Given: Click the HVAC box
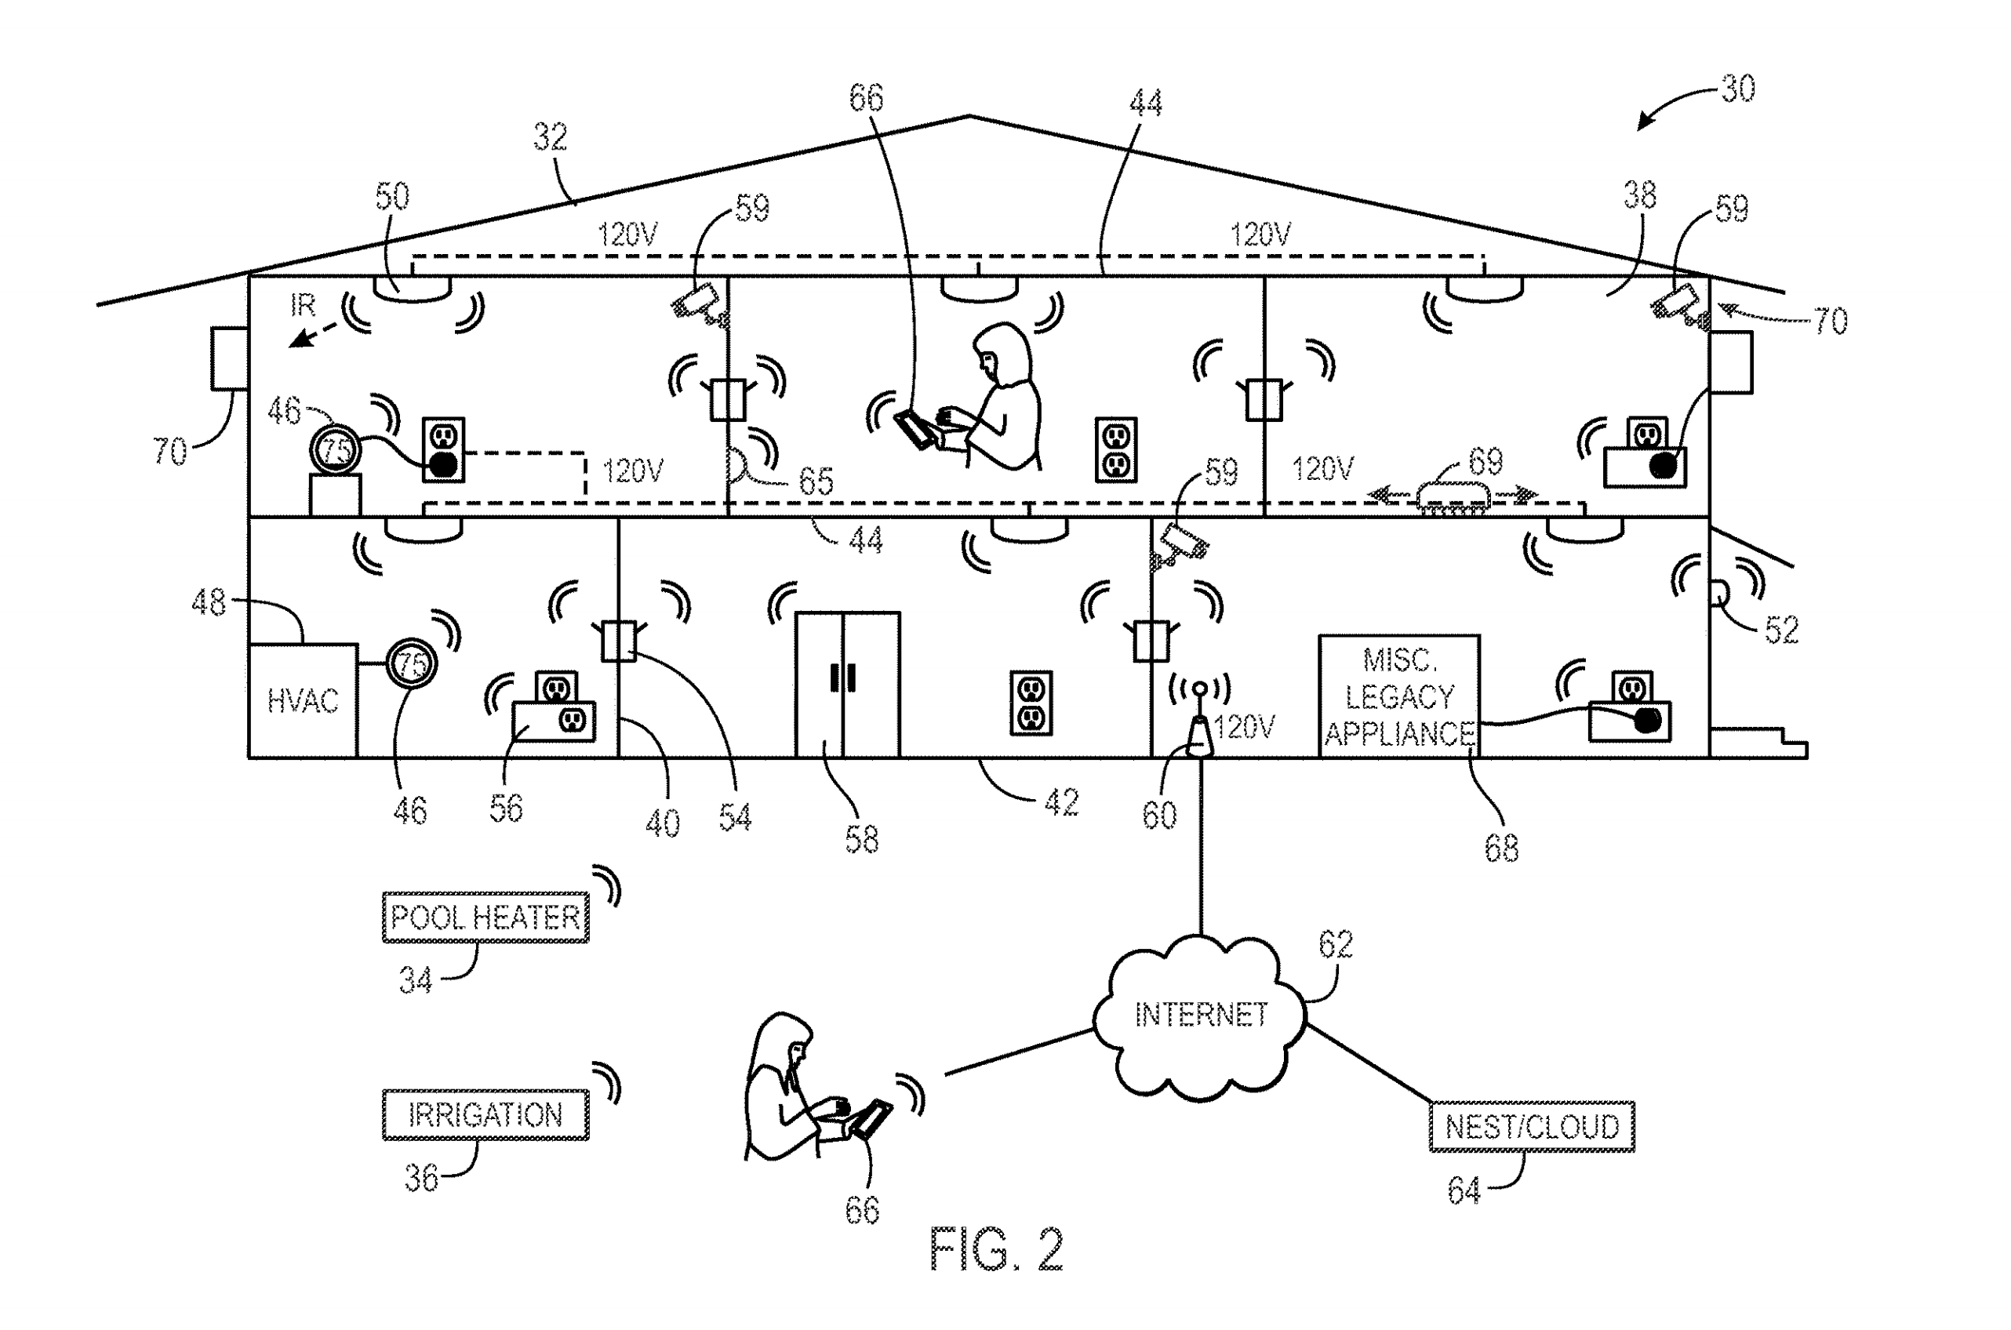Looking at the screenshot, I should click(x=302, y=700).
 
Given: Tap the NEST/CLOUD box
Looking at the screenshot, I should click(x=1531, y=1126).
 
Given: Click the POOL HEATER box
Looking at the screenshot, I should click(x=485, y=918).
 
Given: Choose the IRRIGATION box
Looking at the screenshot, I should click(x=485, y=1114).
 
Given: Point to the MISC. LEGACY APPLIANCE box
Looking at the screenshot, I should click(x=1399, y=696).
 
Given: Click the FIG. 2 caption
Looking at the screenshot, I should click(x=996, y=1248).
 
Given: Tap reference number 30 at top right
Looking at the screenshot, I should click(x=1737, y=88).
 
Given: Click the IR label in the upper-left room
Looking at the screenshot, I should click(x=302, y=304).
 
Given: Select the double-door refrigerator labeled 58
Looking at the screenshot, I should click(x=846, y=684).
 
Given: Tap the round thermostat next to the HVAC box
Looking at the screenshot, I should click(x=413, y=663).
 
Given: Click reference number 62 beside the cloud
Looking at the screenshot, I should click(x=1335, y=944).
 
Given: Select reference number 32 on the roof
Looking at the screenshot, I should click(x=550, y=136).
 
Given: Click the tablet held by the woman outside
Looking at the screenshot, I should click(x=872, y=1119).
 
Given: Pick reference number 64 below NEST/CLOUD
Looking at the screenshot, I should click(x=1464, y=1190).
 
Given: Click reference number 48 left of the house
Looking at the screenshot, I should click(x=209, y=602).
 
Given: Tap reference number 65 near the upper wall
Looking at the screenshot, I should click(x=816, y=481).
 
